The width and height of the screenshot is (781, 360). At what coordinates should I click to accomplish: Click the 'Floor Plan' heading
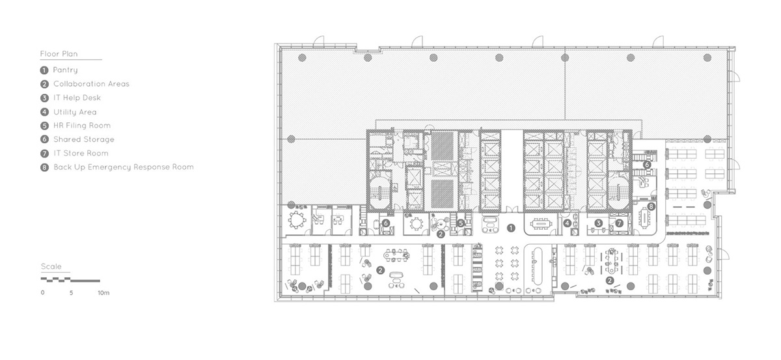(59, 54)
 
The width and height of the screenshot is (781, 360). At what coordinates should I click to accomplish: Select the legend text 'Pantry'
(65, 70)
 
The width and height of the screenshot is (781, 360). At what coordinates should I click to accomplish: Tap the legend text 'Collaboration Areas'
(91, 84)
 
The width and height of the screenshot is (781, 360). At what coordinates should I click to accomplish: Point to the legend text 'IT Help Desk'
(77, 98)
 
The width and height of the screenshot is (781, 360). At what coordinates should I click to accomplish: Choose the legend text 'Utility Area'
(75, 112)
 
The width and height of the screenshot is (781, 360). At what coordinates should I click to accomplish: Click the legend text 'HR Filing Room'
(82, 125)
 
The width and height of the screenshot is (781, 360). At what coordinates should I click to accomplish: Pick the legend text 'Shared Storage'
(84, 139)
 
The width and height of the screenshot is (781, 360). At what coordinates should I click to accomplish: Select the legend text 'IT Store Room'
(81, 153)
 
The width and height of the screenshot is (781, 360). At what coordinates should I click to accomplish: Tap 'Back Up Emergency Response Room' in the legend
(124, 167)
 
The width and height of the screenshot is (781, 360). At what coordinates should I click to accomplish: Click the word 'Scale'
(51, 266)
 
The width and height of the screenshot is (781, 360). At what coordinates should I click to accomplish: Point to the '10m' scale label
(103, 293)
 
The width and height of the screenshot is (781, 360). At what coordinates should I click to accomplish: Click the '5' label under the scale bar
(71, 293)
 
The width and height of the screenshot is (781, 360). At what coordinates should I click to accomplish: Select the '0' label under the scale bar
(42, 293)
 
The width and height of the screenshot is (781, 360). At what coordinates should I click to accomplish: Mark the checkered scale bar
(70, 279)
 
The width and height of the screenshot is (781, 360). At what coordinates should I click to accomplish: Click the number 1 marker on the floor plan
(511, 228)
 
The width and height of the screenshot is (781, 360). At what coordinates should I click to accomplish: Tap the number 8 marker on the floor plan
(651, 206)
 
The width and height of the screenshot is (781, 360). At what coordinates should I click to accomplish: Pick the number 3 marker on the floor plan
(598, 223)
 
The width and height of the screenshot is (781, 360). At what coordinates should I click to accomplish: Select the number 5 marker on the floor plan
(461, 223)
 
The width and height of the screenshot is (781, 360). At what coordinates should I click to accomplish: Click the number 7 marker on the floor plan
(619, 223)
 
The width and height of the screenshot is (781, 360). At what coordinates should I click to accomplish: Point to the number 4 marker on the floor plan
(568, 223)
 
